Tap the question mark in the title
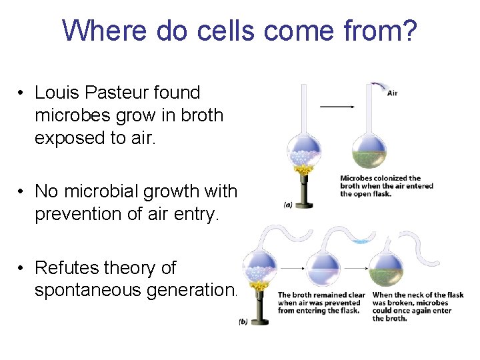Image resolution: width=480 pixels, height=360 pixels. click(408, 30)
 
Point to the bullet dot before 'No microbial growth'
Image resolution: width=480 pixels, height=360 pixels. click(22, 192)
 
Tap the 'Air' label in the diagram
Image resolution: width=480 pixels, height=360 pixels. click(393, 93)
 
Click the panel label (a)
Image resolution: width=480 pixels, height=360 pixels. click(287, 205)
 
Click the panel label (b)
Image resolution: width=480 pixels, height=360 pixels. click(244, 322)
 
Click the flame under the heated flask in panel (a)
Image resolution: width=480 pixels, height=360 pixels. click(305, 172)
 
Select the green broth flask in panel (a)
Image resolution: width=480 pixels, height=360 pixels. click(369, 151)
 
